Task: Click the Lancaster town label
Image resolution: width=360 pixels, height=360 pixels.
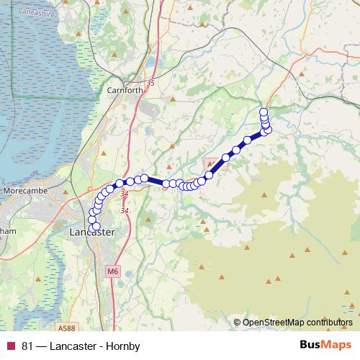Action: tap(94, 233)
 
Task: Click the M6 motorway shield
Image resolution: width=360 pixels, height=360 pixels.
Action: tap(112, 271)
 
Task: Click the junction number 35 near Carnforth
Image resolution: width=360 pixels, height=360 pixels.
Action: tap(150, 84)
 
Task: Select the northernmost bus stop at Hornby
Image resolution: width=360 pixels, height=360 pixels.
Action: tap(264, 112)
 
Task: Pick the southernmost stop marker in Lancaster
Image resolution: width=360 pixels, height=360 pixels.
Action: tap(96, 227)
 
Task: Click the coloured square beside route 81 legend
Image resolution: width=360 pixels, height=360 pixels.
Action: tap(10, 346)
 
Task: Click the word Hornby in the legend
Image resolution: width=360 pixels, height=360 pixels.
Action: tap(123, 346)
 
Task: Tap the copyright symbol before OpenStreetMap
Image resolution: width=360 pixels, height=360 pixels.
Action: tap(237, 323)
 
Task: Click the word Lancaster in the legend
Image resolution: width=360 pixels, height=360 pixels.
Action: tap(75, 346)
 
